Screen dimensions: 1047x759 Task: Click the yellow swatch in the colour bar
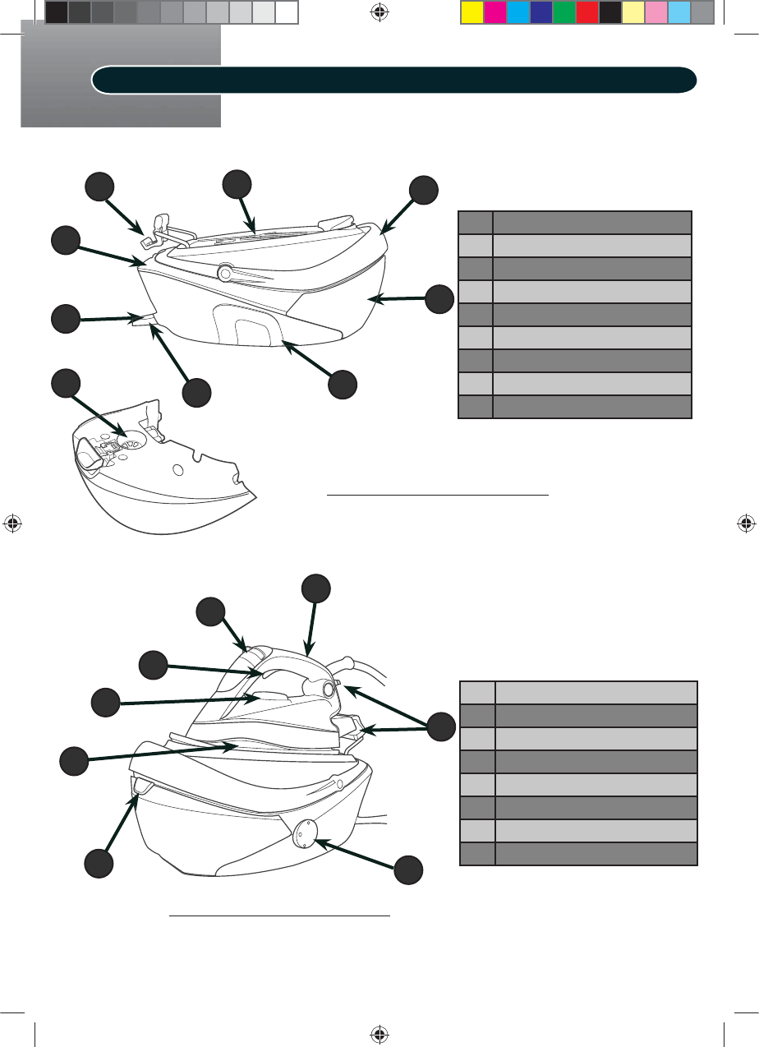click(471, 12)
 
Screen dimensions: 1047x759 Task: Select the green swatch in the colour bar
click(563, 12)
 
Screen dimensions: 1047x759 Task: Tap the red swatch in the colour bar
click(586, 12)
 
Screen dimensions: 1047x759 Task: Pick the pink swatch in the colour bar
click(655, 12)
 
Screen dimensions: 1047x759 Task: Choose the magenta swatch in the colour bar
click(494, 12)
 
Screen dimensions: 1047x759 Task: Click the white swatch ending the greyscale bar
click(286, 12)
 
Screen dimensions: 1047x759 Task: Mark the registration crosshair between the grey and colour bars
click(379, 13)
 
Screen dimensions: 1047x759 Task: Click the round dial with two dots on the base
click(300, 830)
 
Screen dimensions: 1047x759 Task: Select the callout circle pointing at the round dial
click(409, 869)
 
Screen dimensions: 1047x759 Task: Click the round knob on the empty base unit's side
click(223, 271)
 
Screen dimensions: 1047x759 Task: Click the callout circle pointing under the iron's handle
click(154, 665)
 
